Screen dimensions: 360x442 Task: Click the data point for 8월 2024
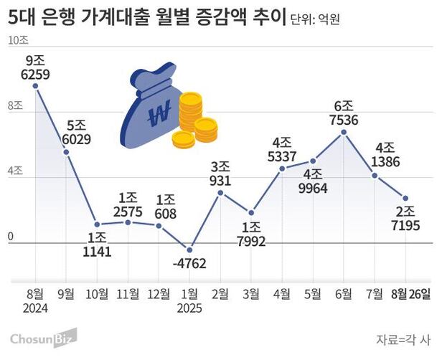[x=36, y=85]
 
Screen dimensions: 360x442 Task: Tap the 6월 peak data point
[x=344, y=132]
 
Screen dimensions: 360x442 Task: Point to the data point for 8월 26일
[x=406, y=198]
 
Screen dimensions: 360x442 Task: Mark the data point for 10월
[x=98, y=224]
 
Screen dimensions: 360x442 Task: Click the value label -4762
[x=189, y=263]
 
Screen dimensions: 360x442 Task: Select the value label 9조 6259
[x=36, y=67]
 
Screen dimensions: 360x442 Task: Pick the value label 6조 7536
[x=344, y=112]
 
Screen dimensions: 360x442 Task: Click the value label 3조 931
[x=220, y=174]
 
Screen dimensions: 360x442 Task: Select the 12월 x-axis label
[x=159, y=294]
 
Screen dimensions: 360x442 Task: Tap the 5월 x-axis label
[x=314, y=294]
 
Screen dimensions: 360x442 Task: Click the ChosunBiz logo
[x=43, y=337]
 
